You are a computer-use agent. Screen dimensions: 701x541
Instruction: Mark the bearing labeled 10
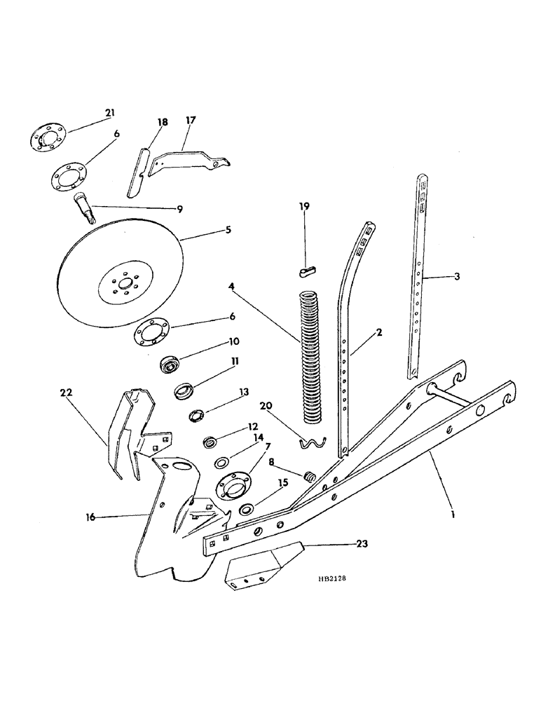coord(170,365)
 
